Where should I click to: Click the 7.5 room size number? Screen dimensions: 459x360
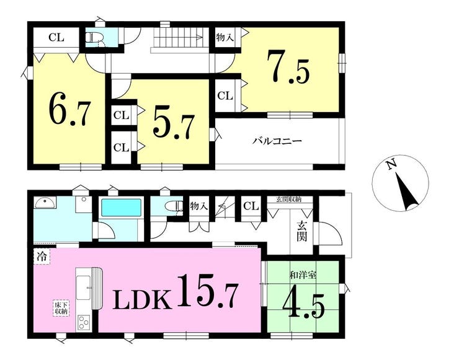pos(288,67)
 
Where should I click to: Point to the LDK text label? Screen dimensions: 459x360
pos(142,299)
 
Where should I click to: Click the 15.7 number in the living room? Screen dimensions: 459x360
pos(206,291)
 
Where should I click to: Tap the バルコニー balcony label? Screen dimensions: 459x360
pos(277,141)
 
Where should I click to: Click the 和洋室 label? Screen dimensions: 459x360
pos(303,275)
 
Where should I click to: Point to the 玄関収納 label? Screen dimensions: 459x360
pos(288,200)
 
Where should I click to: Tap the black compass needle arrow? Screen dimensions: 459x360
pos(406,192)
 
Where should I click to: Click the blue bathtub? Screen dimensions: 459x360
pos(121,208)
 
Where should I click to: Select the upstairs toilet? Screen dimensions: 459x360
pos(94,37)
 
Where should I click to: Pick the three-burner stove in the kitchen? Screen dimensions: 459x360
pos(84,323)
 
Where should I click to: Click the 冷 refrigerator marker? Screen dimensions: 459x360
pos(42,257)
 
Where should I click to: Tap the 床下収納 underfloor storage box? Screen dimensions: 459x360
pos(61,308)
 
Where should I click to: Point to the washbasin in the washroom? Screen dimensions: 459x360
pos(45,202)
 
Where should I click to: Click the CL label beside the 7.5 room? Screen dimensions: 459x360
pos(225,95)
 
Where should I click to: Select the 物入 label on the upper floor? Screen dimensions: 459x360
pos(225,37)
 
